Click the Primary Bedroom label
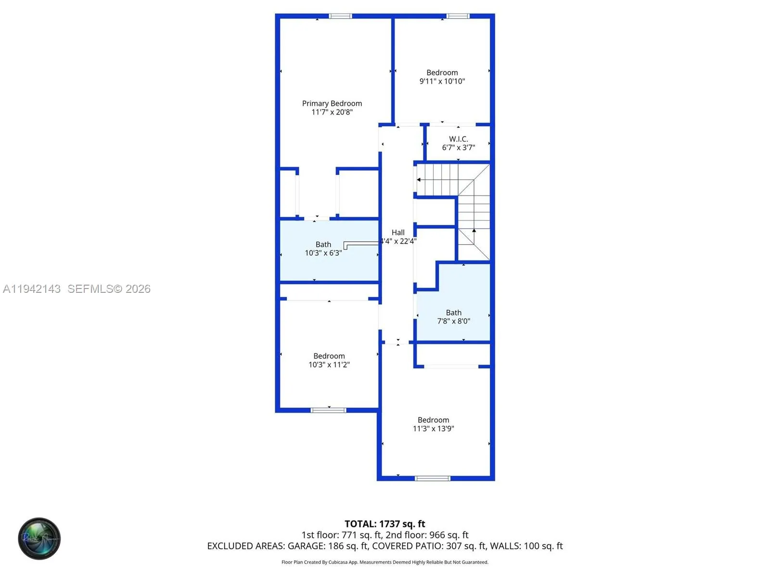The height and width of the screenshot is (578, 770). point(332,104)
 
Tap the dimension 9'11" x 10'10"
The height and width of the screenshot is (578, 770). point(442,81)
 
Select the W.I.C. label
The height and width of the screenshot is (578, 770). point(458,139)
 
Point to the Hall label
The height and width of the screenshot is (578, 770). point(398,233)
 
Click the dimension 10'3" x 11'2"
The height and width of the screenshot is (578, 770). point(329,365)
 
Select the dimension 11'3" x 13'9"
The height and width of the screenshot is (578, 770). point(433,429)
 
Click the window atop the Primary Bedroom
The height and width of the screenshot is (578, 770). point(340,16)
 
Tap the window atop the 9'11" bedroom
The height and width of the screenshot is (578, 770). point(458,16)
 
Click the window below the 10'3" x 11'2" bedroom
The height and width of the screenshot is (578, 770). point(328,410)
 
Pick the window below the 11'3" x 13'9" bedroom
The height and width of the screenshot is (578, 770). point(432,478)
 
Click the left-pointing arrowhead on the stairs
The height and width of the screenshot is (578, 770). point(419,180)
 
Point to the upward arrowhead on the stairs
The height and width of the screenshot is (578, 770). point(474,231)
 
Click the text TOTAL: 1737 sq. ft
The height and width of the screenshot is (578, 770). point(385,524)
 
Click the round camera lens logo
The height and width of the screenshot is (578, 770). point(39,539)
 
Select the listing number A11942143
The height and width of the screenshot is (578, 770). point(32,289)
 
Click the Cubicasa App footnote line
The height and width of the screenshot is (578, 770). point(385,562)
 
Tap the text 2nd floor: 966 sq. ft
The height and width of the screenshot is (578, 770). point(427,535)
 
